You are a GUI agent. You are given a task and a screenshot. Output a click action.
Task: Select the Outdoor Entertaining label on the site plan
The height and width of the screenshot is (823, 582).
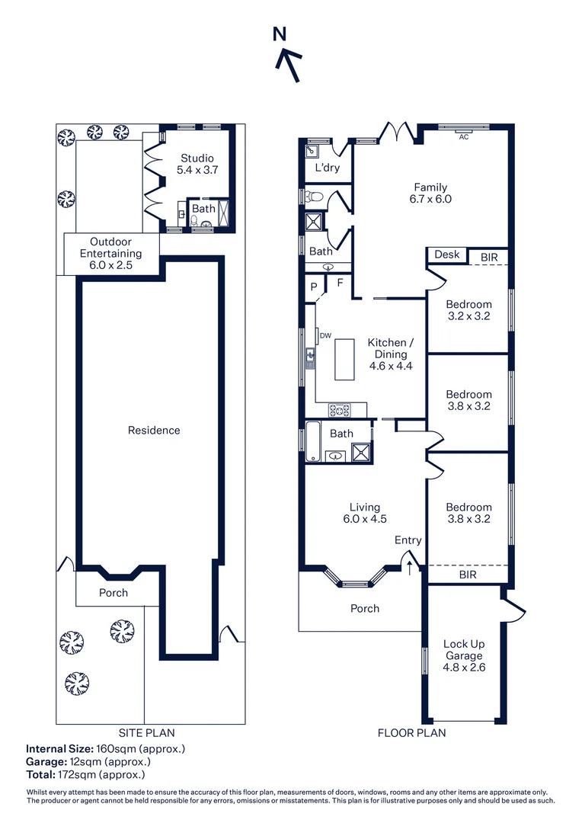110,253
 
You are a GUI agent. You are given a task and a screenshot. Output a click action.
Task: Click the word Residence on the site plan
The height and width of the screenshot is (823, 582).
154,431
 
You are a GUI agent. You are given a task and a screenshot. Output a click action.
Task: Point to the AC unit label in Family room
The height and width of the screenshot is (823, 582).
464,137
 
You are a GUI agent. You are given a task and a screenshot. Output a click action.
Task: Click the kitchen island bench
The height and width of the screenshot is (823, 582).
344,360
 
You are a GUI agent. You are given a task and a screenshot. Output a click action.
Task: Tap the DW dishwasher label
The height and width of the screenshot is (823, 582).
325,335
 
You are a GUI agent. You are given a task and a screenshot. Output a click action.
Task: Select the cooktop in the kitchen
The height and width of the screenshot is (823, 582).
339,410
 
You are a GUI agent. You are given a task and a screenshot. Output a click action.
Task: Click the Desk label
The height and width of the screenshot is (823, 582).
447,255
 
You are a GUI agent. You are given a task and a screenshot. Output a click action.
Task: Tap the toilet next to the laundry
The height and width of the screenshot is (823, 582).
315,197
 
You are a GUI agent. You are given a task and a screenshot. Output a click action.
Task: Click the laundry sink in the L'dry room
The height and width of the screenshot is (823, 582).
312,151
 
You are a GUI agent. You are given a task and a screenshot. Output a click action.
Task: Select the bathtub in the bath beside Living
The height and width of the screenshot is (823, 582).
313,441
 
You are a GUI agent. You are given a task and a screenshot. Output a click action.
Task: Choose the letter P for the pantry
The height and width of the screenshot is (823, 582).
314,287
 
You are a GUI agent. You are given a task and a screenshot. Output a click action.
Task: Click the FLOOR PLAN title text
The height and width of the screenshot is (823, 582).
412,733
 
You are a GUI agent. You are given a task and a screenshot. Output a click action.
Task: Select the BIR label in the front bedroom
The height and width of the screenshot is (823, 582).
468,575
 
